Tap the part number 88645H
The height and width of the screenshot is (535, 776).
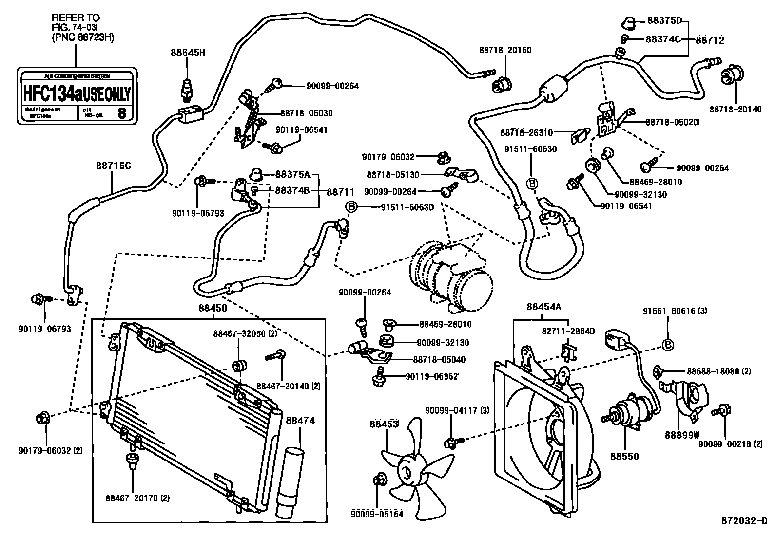coord(188,53)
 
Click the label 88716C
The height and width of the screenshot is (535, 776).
coord(113,166)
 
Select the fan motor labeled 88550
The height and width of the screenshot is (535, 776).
coord(632,412)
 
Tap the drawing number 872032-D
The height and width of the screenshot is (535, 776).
coord(744,521)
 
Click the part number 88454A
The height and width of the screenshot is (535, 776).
coord(543,307)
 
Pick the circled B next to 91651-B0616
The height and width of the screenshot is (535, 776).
coord(668,345)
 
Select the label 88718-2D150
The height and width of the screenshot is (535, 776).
coord(505,50)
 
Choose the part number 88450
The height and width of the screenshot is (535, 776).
coord(213,308)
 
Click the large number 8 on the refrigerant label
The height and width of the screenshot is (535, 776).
coord(122,114)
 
